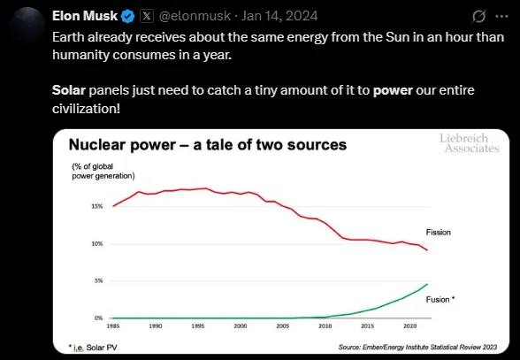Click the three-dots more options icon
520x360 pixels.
click(x=503, y=17)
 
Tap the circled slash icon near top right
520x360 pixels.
click(x=478, y=17)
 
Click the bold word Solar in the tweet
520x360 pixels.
click(x=69, y=89)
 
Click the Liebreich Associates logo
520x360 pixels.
click(x=470, y=144)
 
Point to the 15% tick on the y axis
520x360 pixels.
click(x=96, y=207)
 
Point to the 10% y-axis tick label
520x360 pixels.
click(x=96, y=244)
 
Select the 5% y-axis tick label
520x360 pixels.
click(x=98, y=280)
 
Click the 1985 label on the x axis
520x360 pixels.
click(x=112, y=326)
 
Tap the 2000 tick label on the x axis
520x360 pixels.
click(x=240, y=326)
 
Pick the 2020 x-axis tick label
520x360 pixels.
click(x=409, y=326)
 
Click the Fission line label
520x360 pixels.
click(x=438, y=233)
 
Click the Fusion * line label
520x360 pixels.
click(x=440, y=300)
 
